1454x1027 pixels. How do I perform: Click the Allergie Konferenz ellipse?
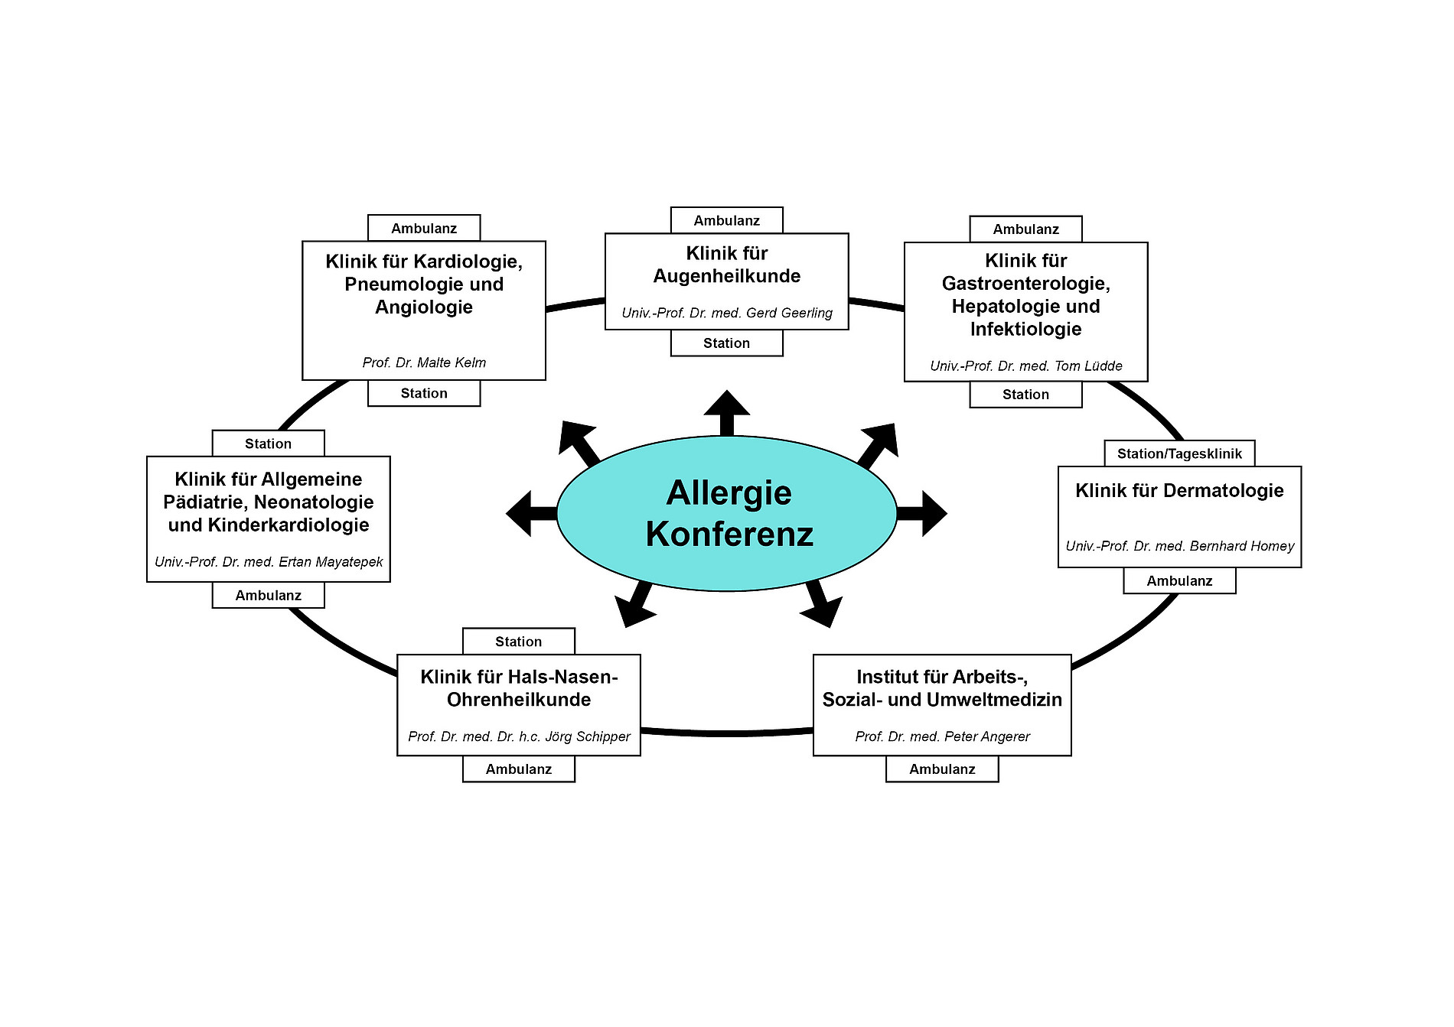pos(726,513)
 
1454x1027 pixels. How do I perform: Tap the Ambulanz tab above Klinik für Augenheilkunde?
pos(726,220)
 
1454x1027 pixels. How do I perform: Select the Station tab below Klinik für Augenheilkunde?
pos(726,343)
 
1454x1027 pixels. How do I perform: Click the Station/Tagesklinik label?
pos(1179,453)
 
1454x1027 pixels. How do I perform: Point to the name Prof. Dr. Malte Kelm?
pos(424,362)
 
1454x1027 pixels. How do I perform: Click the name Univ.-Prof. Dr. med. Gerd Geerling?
pos(726,313)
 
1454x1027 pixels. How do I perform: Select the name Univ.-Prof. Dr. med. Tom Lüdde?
pos(1025,366)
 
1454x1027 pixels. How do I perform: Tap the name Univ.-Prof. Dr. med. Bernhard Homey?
pos(1179,546)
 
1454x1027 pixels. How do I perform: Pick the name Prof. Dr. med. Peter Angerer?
pos(942,736)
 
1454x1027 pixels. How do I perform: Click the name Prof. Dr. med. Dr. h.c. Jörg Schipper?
pos(519,736)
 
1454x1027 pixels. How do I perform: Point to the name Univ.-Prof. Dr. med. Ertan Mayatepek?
pos(269,562)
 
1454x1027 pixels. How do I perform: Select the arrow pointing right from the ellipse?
pos(924,513)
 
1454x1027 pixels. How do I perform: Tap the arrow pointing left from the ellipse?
pos(530,513)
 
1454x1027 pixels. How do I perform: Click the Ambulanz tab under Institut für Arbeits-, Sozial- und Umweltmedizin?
pos(942,769)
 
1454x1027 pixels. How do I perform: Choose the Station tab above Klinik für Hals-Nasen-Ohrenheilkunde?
pos(518,642)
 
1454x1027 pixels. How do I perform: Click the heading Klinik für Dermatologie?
pos(1179,491)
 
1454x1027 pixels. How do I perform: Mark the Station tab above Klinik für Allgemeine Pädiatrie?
pos(268,444)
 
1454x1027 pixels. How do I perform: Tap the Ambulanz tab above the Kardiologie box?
pos(424,228)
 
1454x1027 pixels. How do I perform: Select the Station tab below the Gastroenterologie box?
pos(1025,395)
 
